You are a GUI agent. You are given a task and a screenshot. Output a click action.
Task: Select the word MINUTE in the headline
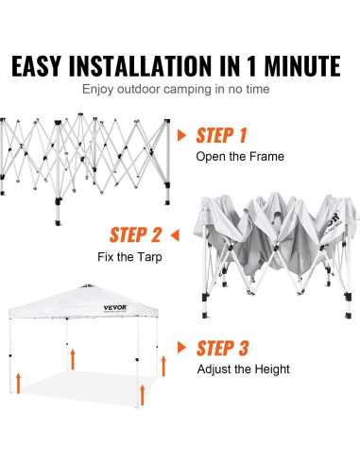302,66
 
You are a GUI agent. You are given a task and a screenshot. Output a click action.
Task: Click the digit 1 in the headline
251,66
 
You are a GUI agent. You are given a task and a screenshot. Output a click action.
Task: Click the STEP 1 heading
221,135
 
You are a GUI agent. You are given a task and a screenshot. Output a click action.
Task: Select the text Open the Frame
240,157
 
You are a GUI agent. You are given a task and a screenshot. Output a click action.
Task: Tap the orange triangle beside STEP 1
181,135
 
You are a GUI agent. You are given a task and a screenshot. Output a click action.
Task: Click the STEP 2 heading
136,235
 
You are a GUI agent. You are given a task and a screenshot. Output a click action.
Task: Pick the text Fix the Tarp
129,257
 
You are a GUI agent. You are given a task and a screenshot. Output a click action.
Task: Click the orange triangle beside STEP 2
175,235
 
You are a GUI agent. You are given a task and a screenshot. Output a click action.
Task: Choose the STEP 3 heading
223,348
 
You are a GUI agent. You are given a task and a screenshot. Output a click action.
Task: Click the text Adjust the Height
244,370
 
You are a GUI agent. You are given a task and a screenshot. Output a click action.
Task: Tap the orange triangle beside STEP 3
181,347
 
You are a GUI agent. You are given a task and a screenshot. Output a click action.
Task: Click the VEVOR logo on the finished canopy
115,307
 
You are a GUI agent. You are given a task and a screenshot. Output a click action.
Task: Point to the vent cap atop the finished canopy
87,285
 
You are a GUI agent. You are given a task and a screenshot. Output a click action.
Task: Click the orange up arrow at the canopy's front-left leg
19,383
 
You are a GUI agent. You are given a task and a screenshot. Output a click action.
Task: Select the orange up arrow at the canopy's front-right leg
143,395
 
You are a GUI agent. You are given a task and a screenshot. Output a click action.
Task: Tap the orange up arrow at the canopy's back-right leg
163,366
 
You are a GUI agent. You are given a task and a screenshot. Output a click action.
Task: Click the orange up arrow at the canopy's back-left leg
73,359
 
